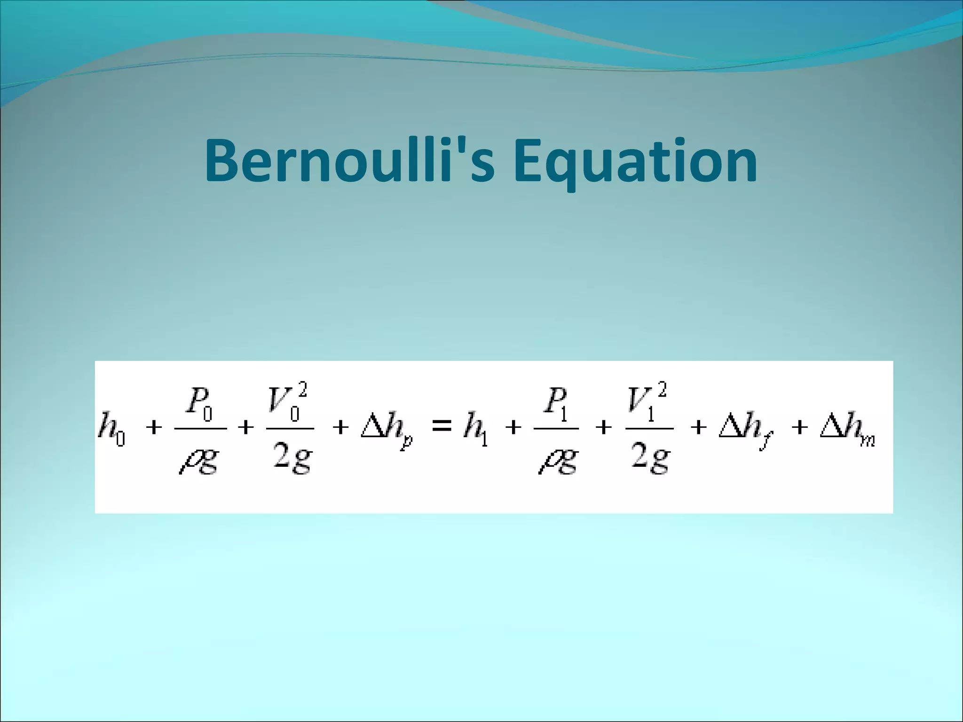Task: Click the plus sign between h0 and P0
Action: (x=155, y=428)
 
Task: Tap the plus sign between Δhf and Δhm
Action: (x=799, y=428)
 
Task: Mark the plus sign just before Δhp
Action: (x=340, y=428)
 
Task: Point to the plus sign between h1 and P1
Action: (x=513, y=428)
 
